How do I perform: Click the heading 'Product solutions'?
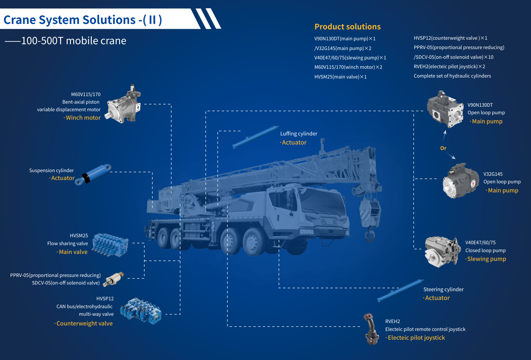(x=347, y=27)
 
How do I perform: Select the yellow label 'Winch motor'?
(x=83, y=118)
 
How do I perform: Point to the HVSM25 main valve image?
(x=110, y=245)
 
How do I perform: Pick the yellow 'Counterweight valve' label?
(x=84, y=323)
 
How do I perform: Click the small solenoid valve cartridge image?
(x=113, y=279)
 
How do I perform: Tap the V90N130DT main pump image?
(x=445, y=109)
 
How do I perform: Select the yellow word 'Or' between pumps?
(x=443, y=148)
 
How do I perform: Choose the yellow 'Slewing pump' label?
(x=486, y=259)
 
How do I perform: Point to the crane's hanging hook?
(x=369, y=235)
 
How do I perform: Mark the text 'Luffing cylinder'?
(x=299, y=134)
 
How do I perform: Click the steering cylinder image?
(x=400, y=290)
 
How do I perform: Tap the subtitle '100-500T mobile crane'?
(x=74, y=41)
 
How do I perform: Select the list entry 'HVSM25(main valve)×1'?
(x=340, y=77)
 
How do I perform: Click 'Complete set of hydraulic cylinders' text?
(x=452, y=76)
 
